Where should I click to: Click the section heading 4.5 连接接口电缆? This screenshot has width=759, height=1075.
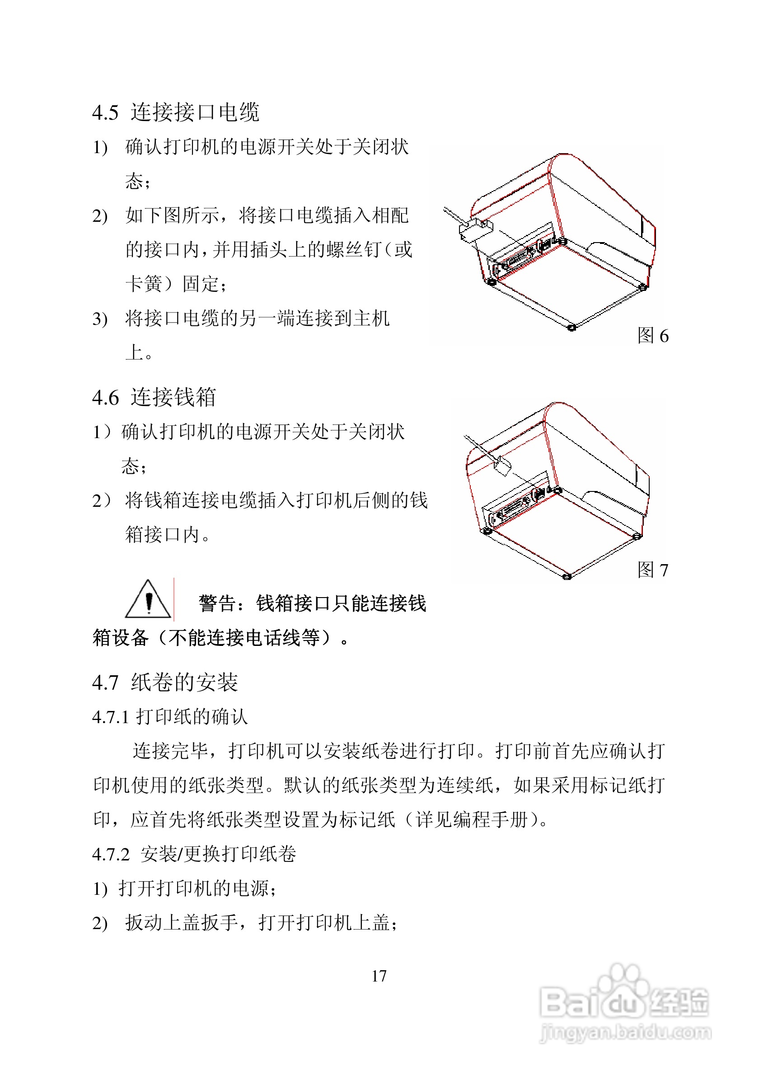[x=176, y=112]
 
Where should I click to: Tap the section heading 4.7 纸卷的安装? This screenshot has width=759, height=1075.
[x=165, y=682]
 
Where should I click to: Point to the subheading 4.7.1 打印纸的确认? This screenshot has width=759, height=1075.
[x=169, y=717]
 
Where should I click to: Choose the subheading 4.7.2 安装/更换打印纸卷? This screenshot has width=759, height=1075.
[x=194, y=854]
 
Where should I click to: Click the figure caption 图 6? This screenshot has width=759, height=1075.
[x=653, y=336]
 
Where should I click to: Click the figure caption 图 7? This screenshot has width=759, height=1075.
[x=653, y=570]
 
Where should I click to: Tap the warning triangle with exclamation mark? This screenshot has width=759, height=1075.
[x=148, y=600]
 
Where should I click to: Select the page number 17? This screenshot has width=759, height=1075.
[x=379, y=976]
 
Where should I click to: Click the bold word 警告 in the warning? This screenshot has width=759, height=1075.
[x=217, y=603]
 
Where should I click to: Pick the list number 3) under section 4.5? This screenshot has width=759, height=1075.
[x=100, y=319]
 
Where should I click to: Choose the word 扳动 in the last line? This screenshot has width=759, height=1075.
[x=144, y=923]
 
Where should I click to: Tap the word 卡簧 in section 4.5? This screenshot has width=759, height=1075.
[x=144, y=284]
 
